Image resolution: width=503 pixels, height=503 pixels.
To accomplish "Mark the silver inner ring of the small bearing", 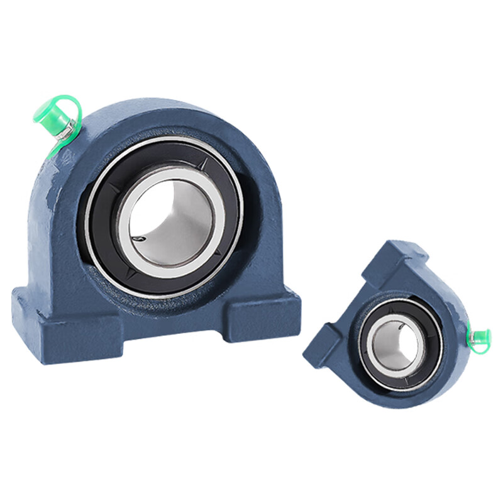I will coord(376,327).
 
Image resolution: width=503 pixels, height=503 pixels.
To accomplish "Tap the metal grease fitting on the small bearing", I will coord(471,340).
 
